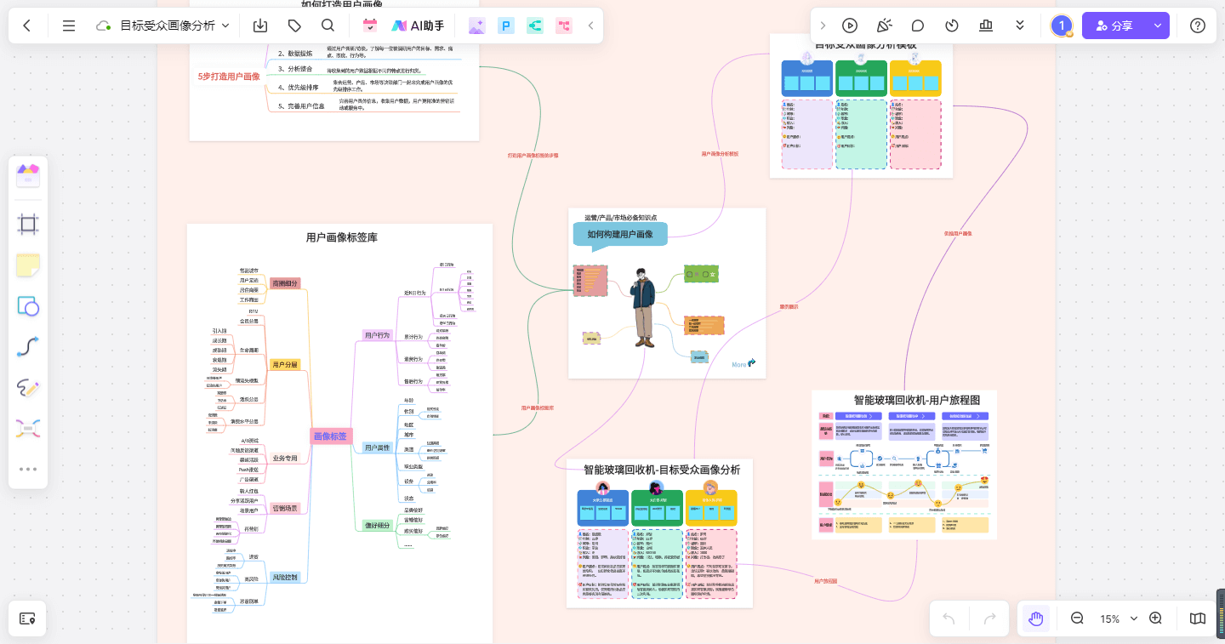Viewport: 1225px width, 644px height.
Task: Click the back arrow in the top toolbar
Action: pyautogui.click(x=27, y=26)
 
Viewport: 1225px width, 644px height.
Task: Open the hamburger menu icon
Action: pyautogui.click(x=69, y=26)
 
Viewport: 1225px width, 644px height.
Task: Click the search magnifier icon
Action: pyautogui.click(x=328, y=26)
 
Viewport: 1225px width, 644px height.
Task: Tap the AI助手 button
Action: pyautogui.click(x=418, y=26)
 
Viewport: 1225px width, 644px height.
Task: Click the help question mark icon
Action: pyautogui.click(x=1198, y=26)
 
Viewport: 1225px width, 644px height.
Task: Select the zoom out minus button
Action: pyautogui.click(x=1077, y=618)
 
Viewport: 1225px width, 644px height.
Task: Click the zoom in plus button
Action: pyautogui.click(x=1155, y=618)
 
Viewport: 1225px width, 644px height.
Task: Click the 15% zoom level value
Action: pyautogui.click(x=1109, y=618)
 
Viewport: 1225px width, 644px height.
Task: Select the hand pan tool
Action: pyautogui.click(x=1035, y=618)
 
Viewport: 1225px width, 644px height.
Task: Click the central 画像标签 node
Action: pyautogui.click(x=330, y=436)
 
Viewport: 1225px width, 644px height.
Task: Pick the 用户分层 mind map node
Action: pyautogui.click(x=285, y=364)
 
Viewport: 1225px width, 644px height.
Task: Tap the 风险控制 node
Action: pyautogui.click(x=285, y=578)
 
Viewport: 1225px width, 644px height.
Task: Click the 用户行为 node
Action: pyautogui.click(x=377, y=335)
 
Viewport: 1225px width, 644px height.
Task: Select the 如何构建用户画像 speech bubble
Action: pyautogui.click(x=619, y=235)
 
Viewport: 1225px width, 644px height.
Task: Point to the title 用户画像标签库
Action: pyautogui.click(x=341, y=237)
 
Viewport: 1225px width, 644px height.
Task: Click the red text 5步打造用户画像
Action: pyautogui.click(x=229, y=77)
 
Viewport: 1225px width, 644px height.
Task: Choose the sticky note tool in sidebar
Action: pyautogui.click(x=28, y=265)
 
